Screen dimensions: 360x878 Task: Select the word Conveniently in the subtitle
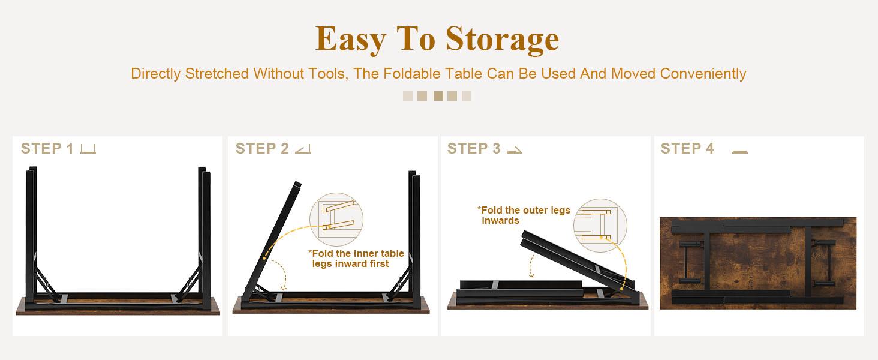703,74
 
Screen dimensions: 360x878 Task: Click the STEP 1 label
47,149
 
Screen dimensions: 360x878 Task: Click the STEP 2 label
262,149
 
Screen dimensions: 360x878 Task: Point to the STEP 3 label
474,149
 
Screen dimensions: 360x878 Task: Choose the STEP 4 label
687,149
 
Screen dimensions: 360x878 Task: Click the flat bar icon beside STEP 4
740,152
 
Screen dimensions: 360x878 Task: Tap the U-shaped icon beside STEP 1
88,149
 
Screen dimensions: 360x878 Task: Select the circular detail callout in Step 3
599,225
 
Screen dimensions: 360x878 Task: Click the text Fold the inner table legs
357,259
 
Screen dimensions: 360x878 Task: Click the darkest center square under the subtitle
438,96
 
